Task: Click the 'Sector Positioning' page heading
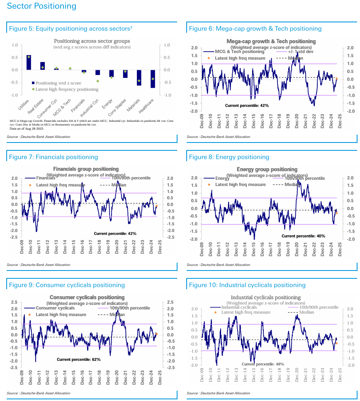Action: click(42, 6)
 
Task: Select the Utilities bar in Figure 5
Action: click(29, 62)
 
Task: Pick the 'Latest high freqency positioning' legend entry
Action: click(67, 89)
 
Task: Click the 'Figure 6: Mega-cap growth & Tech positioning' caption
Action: click(255, 29)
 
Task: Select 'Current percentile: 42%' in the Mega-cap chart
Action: click(247, 106)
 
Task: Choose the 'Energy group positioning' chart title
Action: click(267, 169)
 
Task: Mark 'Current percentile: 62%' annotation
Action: click(78, 359)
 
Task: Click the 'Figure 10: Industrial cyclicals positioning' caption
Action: click(247, 285)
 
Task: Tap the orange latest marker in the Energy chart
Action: click(336, 213)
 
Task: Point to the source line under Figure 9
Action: click(39, 393)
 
